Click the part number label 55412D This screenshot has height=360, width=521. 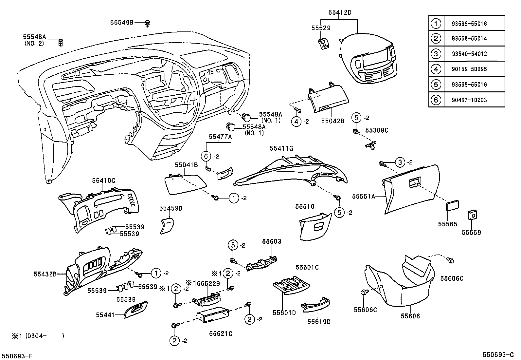tap(340, 12)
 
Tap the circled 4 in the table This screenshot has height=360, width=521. tap(436, 69)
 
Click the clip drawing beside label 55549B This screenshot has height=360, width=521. tap(148, 23)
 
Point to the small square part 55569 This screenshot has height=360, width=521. tap(472, 215)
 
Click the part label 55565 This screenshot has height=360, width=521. tap(447, 224)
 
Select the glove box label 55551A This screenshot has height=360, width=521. tap(363, 196)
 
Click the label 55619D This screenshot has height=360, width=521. tap(319, 322)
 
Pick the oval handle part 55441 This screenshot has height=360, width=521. tap(136, 310)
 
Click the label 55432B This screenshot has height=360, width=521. tap(45, 273)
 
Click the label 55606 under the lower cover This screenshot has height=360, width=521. tap(410, 316)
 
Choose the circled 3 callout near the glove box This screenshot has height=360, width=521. tap(400, 162)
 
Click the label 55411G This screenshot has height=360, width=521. tap(281, 148)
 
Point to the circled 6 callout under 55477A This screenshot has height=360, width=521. tap(206, 157)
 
